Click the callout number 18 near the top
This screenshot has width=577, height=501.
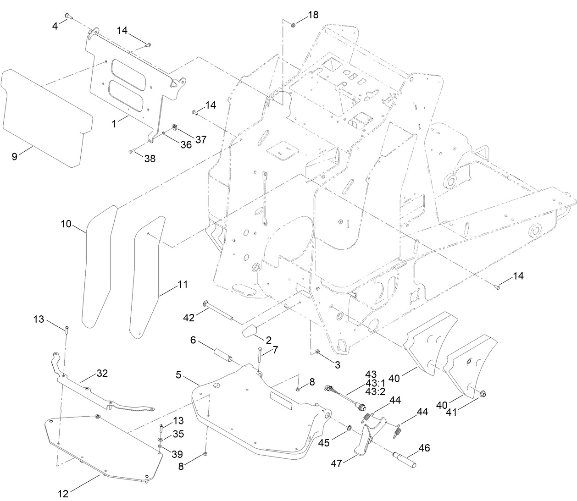tap(313, 15)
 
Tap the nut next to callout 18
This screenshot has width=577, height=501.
tap(294, 23)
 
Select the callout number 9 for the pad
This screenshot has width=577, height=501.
tap(15, 156)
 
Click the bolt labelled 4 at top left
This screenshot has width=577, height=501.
tap(67, 16)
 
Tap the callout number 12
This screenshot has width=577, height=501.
tap(63, 494)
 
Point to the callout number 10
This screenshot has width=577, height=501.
tap(66, 224)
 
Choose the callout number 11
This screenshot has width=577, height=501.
tap(182, 284)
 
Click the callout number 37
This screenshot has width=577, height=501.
tap(201, 139)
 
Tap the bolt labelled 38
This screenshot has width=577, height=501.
tap(132, 152)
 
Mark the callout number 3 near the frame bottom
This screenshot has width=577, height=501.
tap(337, 365)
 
